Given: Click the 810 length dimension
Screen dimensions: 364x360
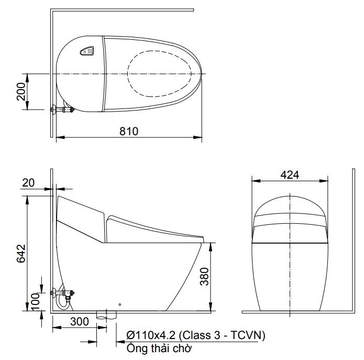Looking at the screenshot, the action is tap(129, 132).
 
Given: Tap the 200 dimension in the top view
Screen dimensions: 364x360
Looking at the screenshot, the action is tap(21, 91).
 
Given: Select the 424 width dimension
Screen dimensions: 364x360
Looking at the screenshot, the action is tap(290, 175).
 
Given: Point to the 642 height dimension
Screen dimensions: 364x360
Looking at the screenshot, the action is tap(21, 253).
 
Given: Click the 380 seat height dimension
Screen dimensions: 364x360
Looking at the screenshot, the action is tap(205, 276).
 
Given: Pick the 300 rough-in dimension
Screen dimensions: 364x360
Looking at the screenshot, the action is tap(80, 322).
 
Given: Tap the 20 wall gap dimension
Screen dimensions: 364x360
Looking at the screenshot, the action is tap(28, 182).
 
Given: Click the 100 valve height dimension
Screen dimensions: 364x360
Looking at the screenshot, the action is tap(35, 301).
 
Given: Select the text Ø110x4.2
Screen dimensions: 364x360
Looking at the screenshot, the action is tap(151, 335).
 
